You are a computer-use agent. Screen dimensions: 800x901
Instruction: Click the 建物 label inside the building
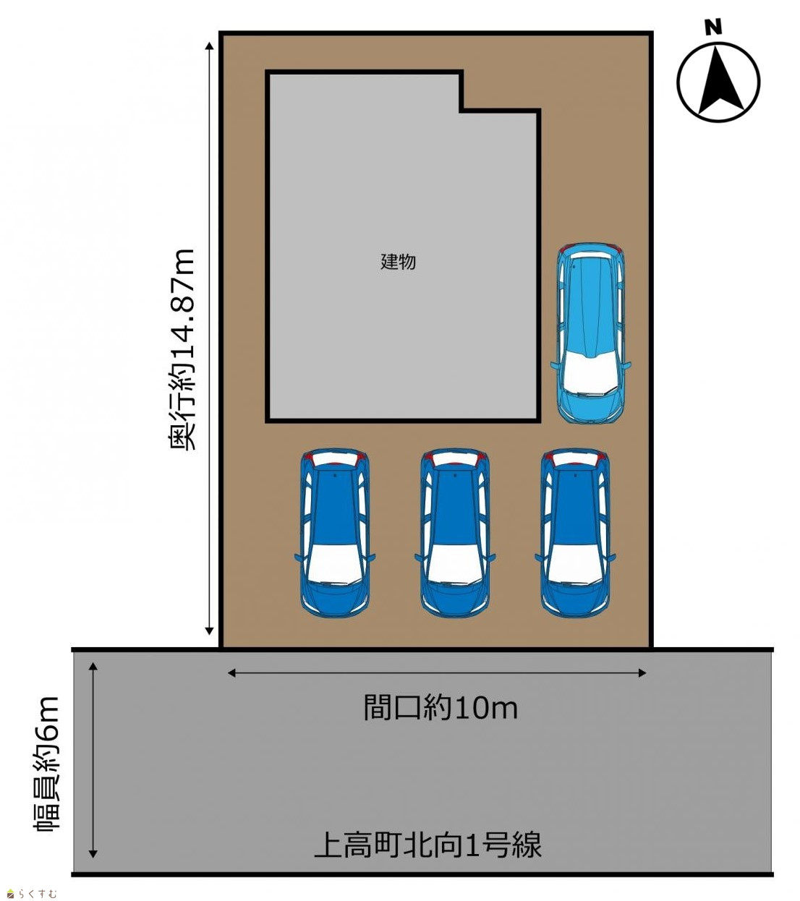[398, 262]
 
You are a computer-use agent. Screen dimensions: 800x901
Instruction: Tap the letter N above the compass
[712, 27]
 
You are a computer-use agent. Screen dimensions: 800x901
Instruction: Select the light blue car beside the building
[590, 333]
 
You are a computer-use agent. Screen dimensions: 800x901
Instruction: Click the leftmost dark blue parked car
[335, 533]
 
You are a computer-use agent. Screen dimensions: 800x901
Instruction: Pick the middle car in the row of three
[455, 533]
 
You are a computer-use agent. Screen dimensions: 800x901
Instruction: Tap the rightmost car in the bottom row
[575, 533]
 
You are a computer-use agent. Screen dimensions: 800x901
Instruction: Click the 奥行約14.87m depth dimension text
[181, 349]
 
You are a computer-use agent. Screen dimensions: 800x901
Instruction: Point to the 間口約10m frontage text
[441, 707]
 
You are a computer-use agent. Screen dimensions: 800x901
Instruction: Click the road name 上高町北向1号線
[428, 845]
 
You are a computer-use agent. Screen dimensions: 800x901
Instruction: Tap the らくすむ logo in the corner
[32, 893]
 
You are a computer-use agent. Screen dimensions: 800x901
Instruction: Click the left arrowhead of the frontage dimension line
[231, 673]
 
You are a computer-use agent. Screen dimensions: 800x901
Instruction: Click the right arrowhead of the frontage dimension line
[642, 673]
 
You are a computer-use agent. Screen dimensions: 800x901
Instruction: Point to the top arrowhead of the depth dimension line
[209, 46]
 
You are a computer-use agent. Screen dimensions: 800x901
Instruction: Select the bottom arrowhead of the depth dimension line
[209, 631]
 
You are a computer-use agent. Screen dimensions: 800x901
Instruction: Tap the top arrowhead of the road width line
[93, 666]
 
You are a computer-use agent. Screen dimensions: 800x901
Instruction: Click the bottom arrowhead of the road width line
[93, 854]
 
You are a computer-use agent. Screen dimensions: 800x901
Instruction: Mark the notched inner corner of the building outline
[462, 111]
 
